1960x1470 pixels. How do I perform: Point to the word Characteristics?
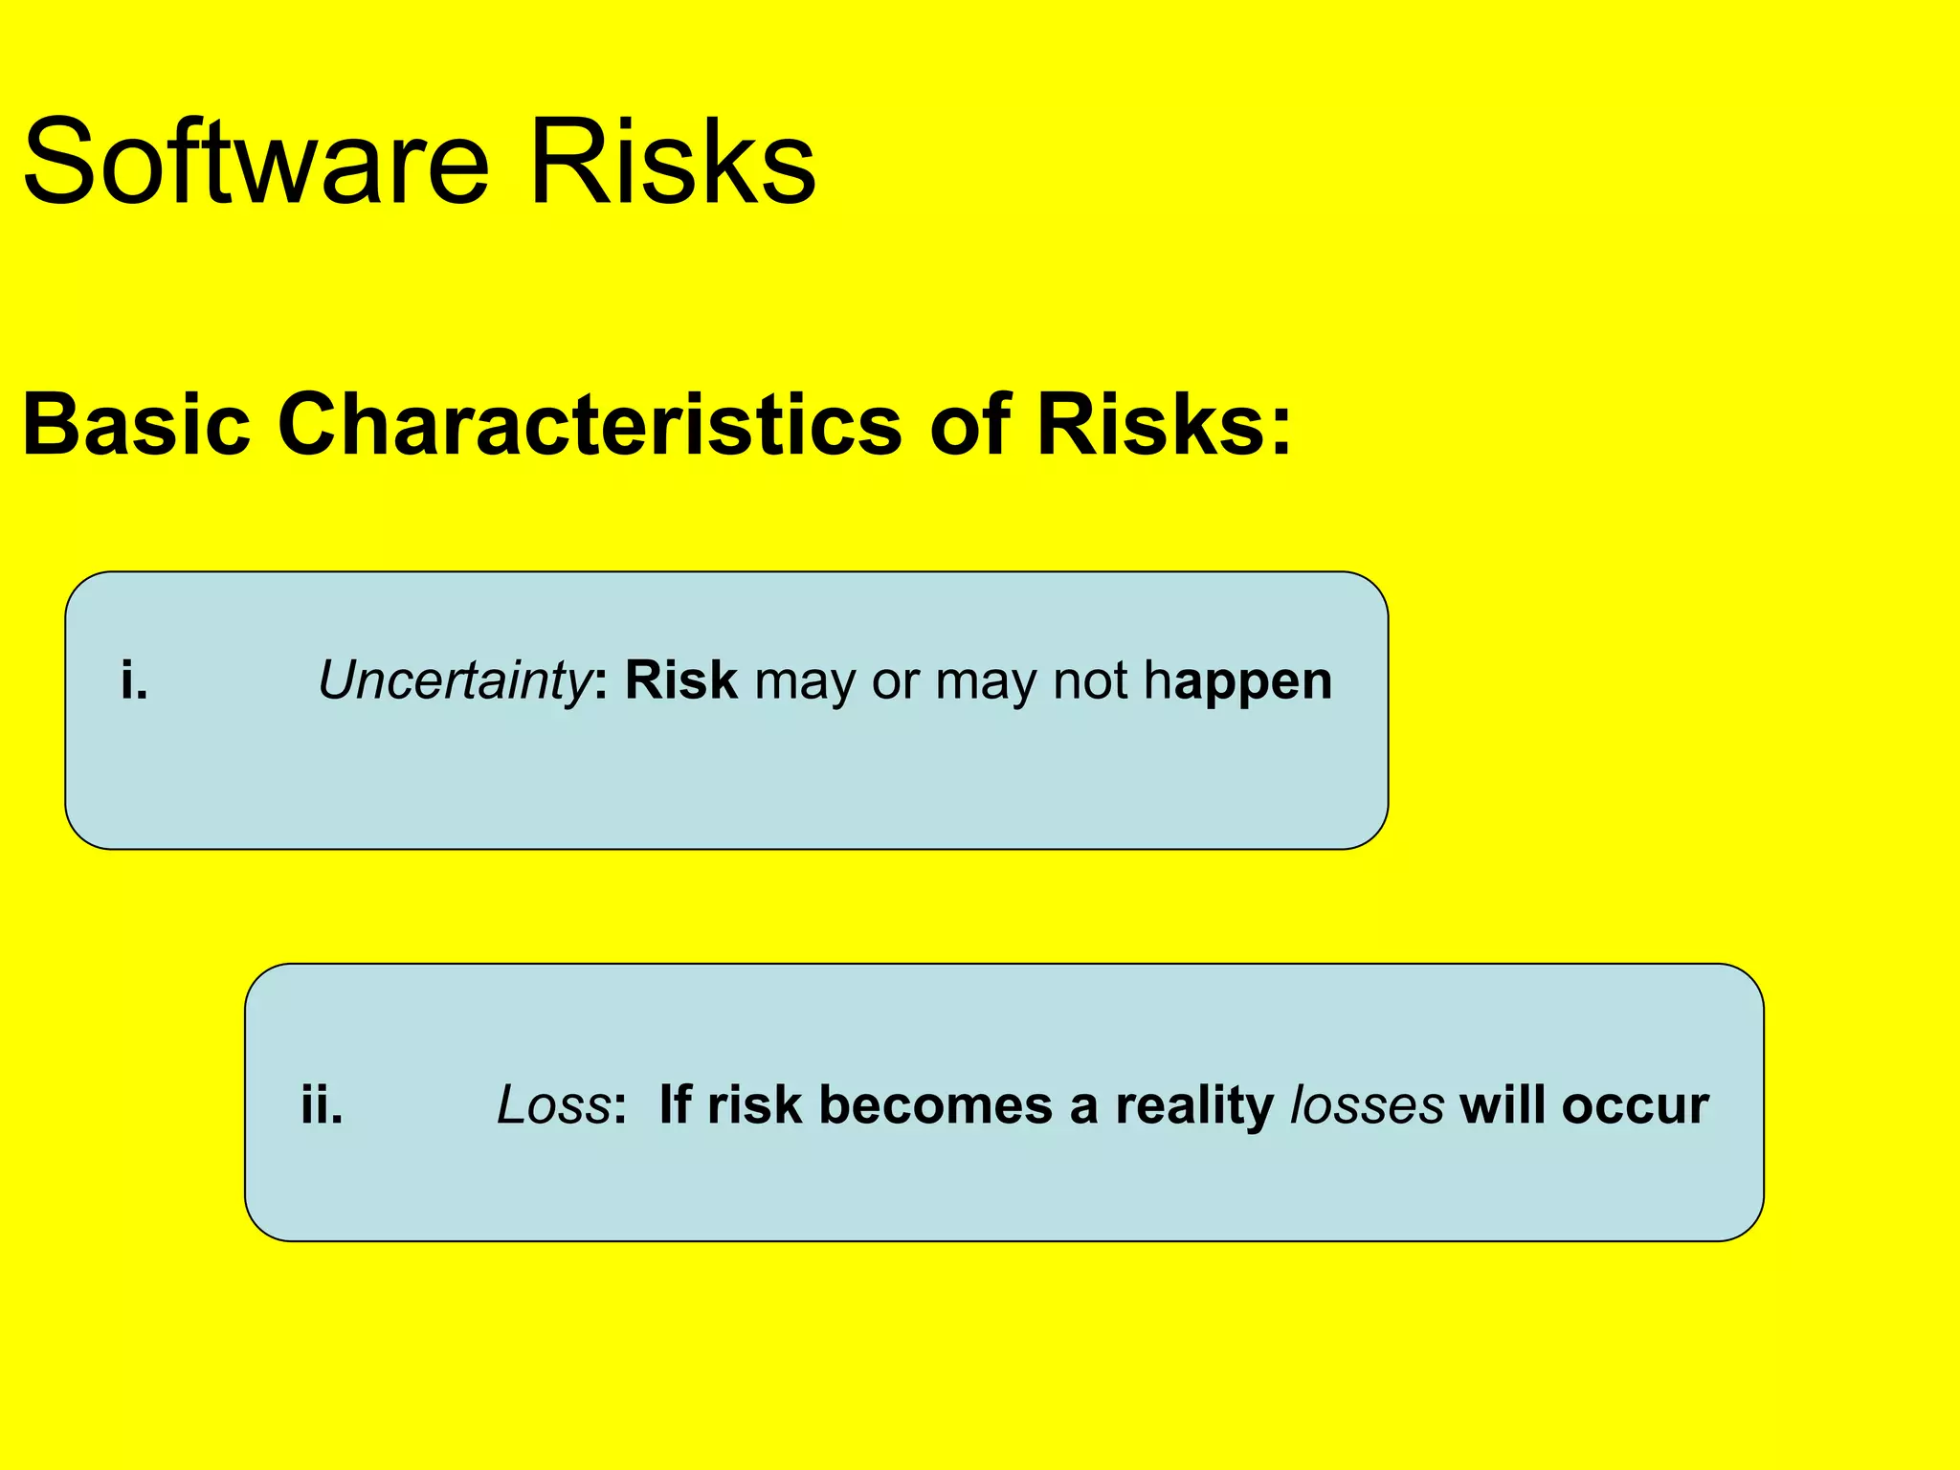pyautogui.click(x=590, y=424)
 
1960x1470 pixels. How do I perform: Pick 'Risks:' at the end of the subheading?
pyautogui.click(x=1164, y=424)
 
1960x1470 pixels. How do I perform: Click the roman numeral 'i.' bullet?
pyautogui.click(x=134, y=680)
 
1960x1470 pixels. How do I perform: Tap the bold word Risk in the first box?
pyautogui.click(x=680, y=680)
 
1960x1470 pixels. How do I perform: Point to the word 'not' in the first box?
pyautogui.click(x=1089, y=680)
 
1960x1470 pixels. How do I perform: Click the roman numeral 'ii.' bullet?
pyautogui.click(x=322, y=1104)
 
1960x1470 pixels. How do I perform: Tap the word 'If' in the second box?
pyautogui.click(x=675, y=1104)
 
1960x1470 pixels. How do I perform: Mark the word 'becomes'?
pyautogui.click(x=935, y=1104)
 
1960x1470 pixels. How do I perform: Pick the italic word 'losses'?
pyautogui.click(x=1367, y=1104)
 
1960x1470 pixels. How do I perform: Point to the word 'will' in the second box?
pyautogui.click(x=1503, y=1104)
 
